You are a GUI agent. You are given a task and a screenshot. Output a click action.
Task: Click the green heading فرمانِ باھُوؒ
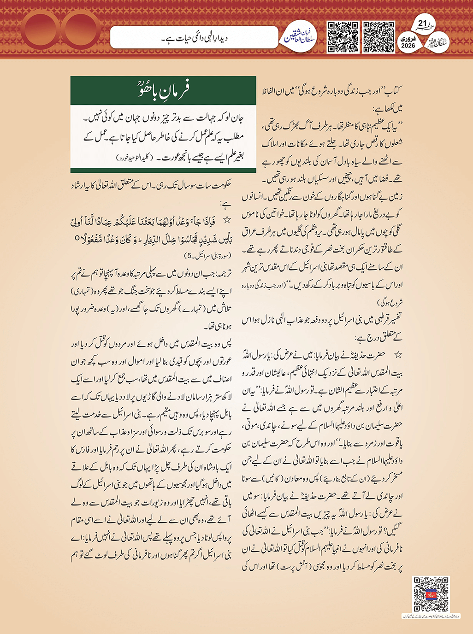tap(163, 90)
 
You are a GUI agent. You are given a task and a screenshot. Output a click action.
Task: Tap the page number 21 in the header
tap(422, 23)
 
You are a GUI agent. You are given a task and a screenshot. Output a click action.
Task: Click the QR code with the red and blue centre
tap(431, 594)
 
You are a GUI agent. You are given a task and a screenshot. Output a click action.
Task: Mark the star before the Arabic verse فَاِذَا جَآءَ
tap(226, 220)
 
